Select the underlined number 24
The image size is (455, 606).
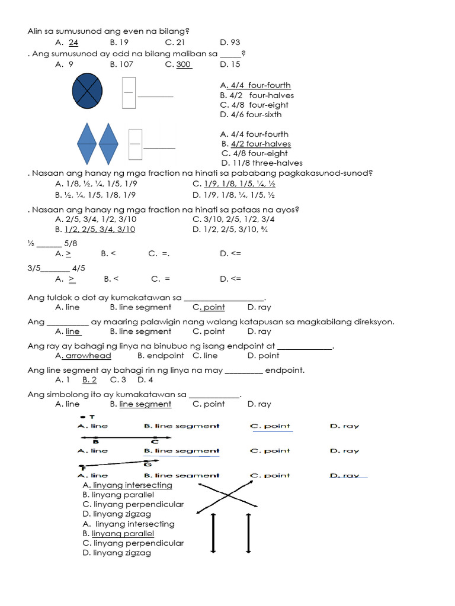[x=73, y=43]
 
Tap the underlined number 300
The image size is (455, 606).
[x=184, y=65]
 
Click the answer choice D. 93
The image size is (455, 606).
[x=230, y=43]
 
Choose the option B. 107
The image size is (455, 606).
[x=121, y=65]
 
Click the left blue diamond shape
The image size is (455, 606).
[x=87, y=144]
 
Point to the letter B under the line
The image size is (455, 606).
[x=95, y=441]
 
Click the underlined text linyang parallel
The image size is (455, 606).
[x=127, y=534]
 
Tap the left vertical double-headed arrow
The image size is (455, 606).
[x=213, y=533]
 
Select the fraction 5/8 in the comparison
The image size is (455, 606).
[x=71, y=243]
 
